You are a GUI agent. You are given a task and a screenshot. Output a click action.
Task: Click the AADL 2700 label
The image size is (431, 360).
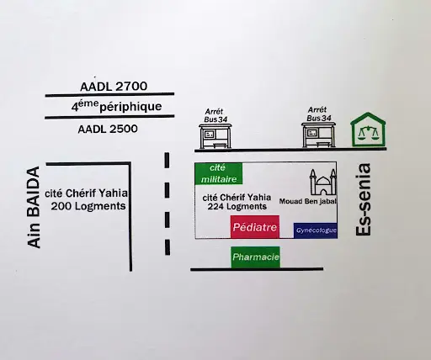pos(114,87)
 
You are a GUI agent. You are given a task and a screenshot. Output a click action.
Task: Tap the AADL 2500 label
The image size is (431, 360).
pos(108,130)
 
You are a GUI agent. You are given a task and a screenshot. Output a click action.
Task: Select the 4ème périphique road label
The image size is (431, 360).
pos(116,106)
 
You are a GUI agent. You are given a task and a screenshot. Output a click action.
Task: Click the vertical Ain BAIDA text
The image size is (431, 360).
pos(34,207)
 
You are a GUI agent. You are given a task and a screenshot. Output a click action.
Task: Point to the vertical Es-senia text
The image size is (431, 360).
pos(364,199)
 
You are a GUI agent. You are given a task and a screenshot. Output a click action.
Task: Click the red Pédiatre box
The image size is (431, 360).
pos(255,227)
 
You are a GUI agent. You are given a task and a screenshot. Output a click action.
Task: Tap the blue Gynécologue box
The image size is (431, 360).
pos(316,230)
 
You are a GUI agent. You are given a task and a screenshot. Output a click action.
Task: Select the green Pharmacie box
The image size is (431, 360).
pos(256,257)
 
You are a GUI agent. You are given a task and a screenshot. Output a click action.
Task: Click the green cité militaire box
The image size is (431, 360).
pos(219,173)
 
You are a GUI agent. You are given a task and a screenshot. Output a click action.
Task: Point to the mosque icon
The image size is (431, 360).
pos(322,183)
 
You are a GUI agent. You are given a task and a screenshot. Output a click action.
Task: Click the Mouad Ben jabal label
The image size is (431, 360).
pos(308,201)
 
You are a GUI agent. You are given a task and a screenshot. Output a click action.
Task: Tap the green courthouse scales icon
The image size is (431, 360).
pos(368,130)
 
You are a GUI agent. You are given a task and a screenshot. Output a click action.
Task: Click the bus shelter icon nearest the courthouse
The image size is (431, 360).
pos(318,135)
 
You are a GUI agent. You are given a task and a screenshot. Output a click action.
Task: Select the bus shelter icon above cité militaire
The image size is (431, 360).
pos(215,136)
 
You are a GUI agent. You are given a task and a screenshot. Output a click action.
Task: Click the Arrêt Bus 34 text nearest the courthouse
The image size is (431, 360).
pos(318,114)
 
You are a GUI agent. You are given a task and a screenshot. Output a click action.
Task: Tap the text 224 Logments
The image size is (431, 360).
pos(237,207)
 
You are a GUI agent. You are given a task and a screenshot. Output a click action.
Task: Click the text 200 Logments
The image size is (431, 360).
pos(88,206)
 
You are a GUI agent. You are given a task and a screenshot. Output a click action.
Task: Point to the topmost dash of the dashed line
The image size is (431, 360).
pos(167,161)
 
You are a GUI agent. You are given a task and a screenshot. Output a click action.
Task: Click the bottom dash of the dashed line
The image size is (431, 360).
pos(168,247)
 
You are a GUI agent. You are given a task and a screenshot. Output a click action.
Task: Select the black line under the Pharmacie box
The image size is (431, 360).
pos(257,269)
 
